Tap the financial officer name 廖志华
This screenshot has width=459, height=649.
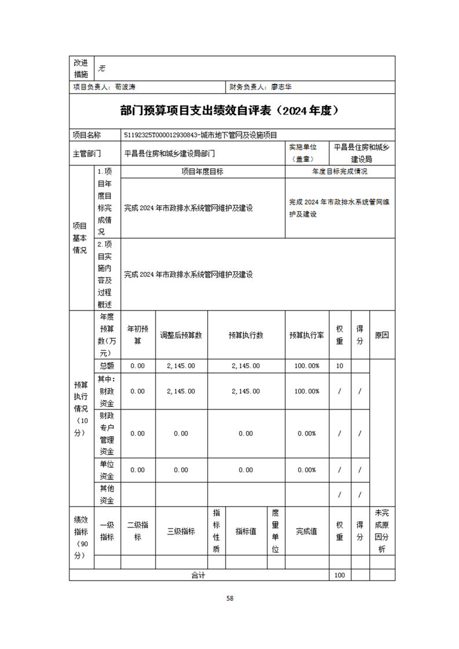point(281,87)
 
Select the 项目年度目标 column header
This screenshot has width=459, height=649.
point(203,172)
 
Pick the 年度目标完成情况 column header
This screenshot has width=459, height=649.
point(340,172)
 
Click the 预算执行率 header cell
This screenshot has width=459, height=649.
point(307,335)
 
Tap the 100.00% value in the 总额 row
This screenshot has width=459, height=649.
point(307,366)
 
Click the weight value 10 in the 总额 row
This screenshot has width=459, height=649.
point(340,366)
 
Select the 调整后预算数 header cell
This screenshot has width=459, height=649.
point(181,335)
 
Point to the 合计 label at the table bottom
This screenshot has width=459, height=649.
point(199,576)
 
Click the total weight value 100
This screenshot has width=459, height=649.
point(340,576)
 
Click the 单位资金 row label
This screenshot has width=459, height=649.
point(107,470)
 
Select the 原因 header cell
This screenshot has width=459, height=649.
point(381,335)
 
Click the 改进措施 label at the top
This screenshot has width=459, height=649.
point(80,68)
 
